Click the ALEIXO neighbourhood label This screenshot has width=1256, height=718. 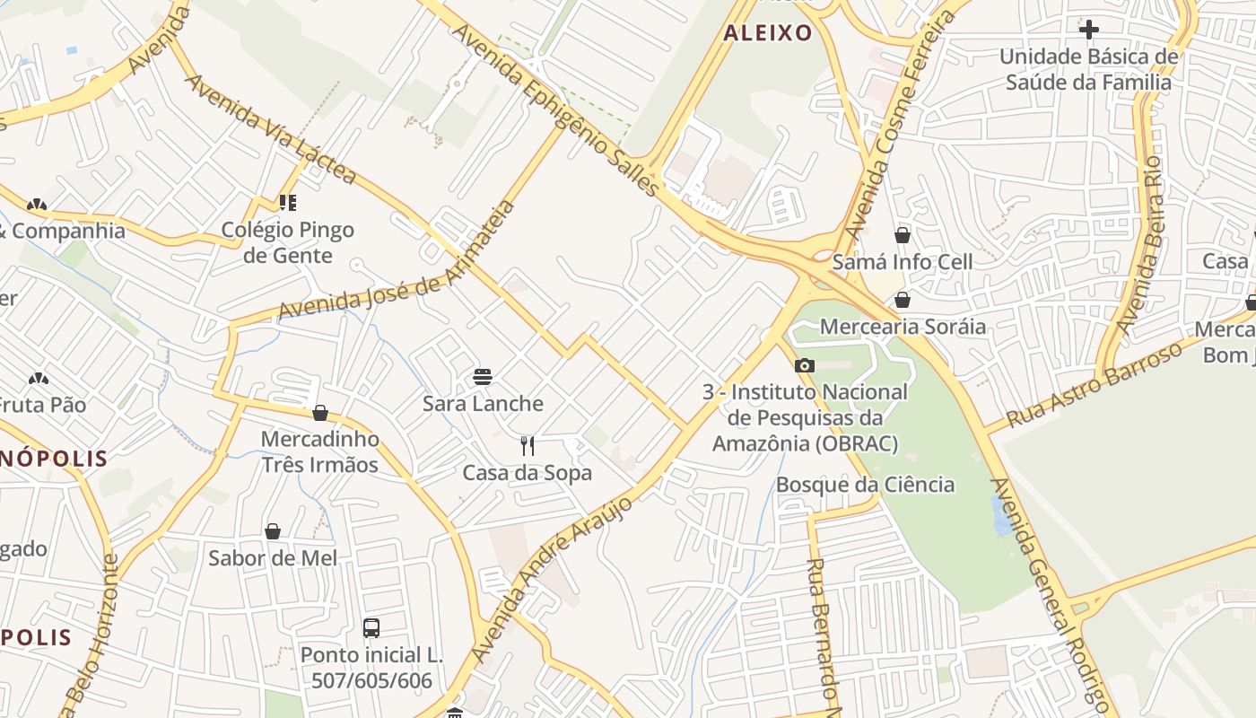767,33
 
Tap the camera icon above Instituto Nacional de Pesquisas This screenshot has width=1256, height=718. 805,365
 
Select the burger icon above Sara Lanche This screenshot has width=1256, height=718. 483,376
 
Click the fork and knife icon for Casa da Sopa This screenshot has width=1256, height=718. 528,445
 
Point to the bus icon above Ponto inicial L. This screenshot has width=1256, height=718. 371,627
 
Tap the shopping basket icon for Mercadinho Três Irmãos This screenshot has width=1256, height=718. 320,413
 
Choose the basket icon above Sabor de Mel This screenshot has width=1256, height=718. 273,531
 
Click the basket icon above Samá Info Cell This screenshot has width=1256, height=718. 903,235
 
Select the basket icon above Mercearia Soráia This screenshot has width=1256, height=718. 903,300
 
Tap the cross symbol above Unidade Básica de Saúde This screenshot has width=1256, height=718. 1089,30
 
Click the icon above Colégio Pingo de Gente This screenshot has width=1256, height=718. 287,203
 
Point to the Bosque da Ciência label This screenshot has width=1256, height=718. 865,485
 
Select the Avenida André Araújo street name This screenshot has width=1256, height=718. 553,580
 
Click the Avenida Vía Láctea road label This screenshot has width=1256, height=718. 270,129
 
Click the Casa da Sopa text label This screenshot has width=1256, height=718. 528,472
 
